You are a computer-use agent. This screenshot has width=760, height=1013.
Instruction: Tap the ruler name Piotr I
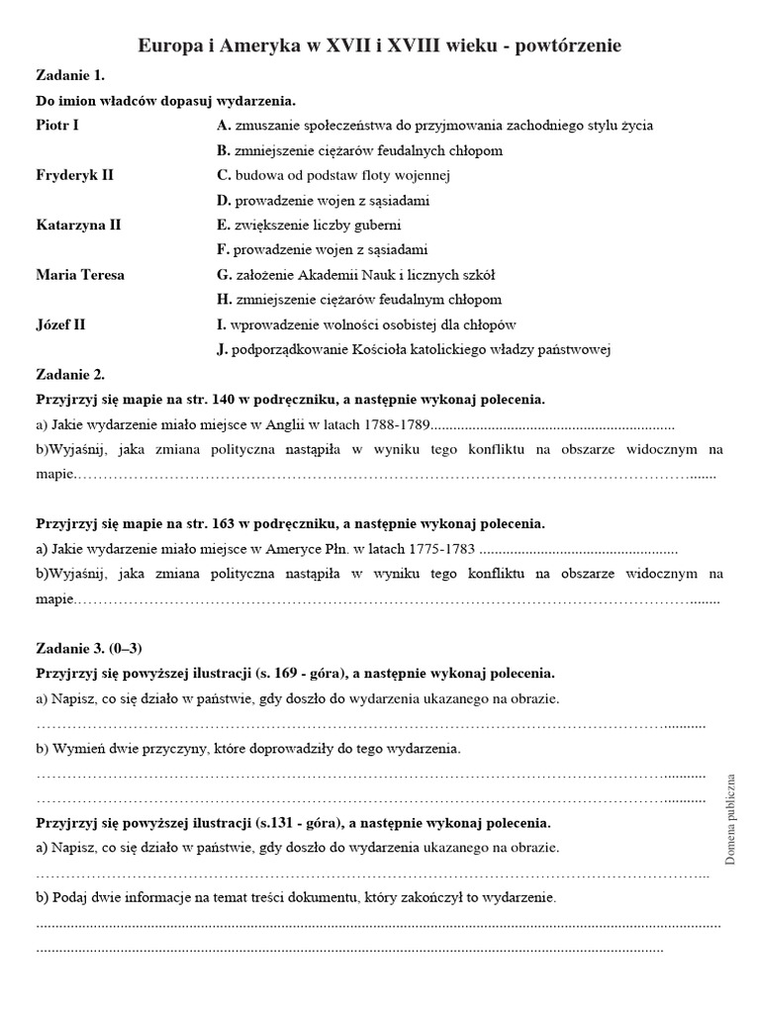(x=57, y=126)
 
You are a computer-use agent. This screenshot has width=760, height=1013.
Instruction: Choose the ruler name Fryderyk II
(x=74, y=175)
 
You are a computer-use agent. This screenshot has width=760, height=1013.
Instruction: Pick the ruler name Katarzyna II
(x=78, y=225)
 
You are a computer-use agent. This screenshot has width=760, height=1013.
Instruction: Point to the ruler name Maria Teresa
(x=80, y=274)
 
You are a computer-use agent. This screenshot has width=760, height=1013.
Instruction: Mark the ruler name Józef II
(x=60, y=323)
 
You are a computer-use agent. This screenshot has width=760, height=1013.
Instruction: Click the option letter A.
(x=223, y=126)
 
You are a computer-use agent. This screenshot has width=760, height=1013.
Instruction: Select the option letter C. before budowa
(x=223, y=175)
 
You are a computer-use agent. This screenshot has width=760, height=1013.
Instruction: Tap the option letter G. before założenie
(x=223, y=274)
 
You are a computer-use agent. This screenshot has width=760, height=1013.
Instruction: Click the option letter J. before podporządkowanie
(x=222, y=348)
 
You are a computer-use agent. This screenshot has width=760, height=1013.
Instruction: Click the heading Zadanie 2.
(x=70, y=375)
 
